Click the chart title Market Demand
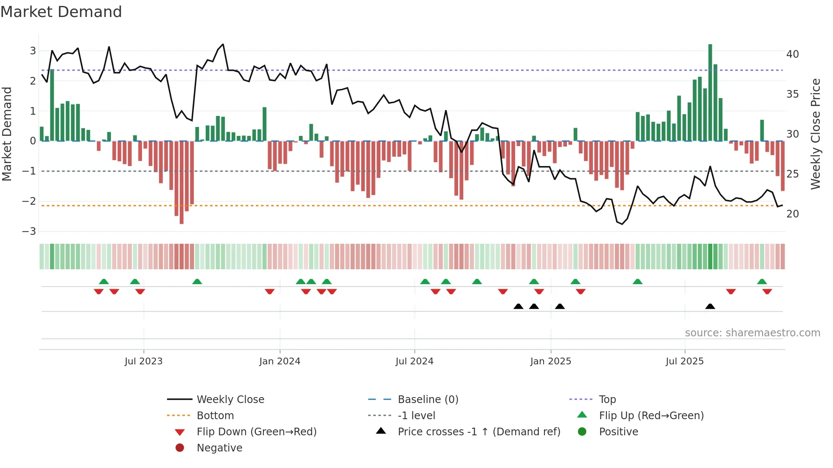[x=61, y=12]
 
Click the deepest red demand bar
[x=181, y=183]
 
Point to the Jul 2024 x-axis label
[x=414, y=361]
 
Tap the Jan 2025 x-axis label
[x=551, y=361]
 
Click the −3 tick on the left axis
[x=29, y=231]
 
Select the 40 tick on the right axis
[x=793, y=54]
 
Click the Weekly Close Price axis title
[x=815, y=134]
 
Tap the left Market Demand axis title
[x=7, y=134]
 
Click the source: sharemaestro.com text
[x=752, y=333]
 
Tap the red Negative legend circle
[x=180, y=448]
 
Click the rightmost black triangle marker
[x=710, y=307]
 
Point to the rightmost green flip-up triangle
[x=762, y=282]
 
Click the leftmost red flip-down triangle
[x=99, y=291]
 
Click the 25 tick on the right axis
[x=793, y=174]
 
